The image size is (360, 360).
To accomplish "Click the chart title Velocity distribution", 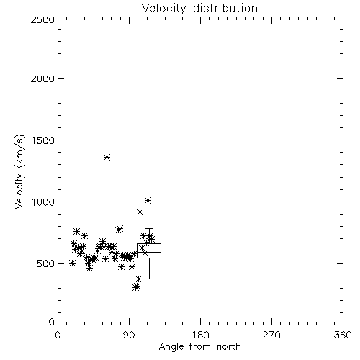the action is (199, 9).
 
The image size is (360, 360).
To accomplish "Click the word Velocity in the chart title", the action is (164, 9).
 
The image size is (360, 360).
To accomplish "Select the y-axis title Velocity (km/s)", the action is (19, 171).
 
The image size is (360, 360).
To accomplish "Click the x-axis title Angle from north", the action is (199, 346).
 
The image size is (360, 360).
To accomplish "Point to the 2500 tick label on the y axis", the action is (42, 19).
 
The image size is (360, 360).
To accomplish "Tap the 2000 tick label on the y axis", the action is (42, 78).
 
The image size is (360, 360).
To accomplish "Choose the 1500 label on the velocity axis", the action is (43, 140).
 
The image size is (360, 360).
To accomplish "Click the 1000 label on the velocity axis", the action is (43, 202).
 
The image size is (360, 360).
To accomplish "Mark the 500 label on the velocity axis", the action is (46, 264).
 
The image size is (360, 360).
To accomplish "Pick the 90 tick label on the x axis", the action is (129, 335).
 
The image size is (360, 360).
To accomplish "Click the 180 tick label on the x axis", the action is (200, 335).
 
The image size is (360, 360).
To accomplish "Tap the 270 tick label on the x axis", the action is (271, 335).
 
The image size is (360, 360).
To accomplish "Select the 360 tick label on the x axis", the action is (343, 335).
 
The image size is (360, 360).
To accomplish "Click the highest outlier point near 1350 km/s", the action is (107, 158).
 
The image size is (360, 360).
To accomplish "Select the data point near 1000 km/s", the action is (148, 200).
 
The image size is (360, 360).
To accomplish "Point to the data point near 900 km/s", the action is (140, 212).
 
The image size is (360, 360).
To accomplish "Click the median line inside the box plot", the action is (149, 252).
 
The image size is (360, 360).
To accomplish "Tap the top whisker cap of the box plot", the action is (149, 229).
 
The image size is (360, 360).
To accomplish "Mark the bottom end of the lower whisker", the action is (149, 279).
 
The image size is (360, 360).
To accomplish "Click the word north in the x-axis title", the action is (228, 346).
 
